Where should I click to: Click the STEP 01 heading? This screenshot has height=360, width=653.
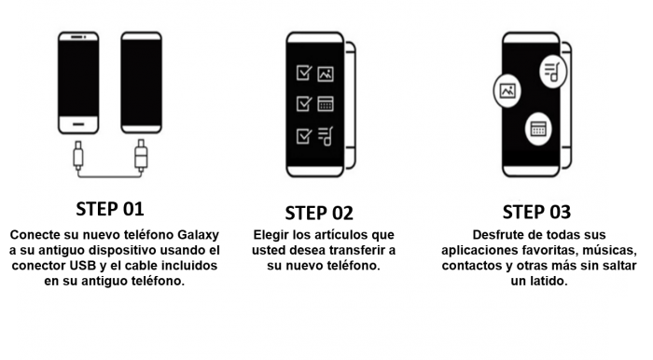pos(110,209)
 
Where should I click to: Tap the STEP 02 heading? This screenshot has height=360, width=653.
pos(319,214)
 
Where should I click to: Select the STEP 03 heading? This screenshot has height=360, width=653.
pos(536,213)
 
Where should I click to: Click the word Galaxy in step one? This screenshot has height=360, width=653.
pos(198,235)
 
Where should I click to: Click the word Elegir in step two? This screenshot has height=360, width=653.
pos(271,235)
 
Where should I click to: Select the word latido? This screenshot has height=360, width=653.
pos(549,282)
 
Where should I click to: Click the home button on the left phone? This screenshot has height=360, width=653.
pos(78,124)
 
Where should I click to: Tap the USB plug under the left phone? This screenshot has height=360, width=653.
pos(77,155)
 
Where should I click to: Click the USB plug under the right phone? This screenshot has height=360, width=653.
pos(141,155)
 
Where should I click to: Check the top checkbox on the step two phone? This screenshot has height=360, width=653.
pos(304,73)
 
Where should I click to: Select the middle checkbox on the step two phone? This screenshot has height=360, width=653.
pos(304,104)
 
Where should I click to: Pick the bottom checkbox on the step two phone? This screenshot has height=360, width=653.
pos(304,135)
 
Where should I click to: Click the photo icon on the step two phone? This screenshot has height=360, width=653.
pos(326,74)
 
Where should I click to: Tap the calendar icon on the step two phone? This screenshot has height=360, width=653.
pos(326,104)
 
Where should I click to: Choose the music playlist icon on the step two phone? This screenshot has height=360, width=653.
pos(326,136)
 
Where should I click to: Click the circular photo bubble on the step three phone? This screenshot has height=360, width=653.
pos(507,90)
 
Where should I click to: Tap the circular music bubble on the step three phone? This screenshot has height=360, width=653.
pos(553,71)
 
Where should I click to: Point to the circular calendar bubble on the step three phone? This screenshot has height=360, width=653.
pos(538,129)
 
